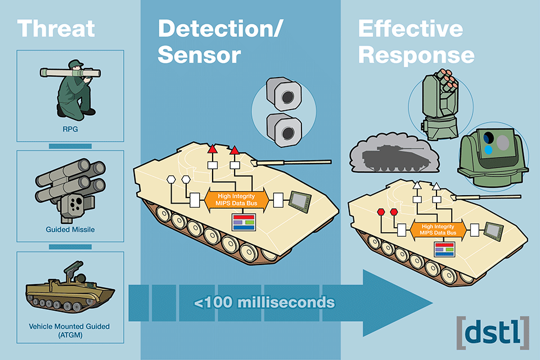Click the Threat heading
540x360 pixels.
point(56,28)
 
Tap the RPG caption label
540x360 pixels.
point(70,128)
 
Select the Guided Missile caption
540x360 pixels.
point(70,229)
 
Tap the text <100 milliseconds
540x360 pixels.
point(264,302)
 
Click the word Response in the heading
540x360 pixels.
point(416,55)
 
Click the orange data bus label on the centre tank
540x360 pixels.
point(234,199)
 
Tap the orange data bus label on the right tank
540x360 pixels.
point(438,228)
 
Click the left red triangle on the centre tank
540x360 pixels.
point(212,150)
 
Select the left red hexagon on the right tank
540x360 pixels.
point(381,211)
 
